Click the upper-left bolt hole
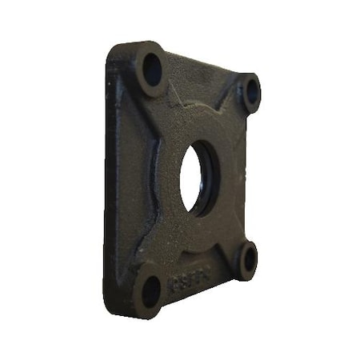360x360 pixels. point(152,70)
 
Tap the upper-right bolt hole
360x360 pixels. point(252,92)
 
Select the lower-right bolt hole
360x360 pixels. point(249,260)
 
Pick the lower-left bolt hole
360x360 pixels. point(151,293)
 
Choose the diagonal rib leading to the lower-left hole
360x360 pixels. point(168,256)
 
